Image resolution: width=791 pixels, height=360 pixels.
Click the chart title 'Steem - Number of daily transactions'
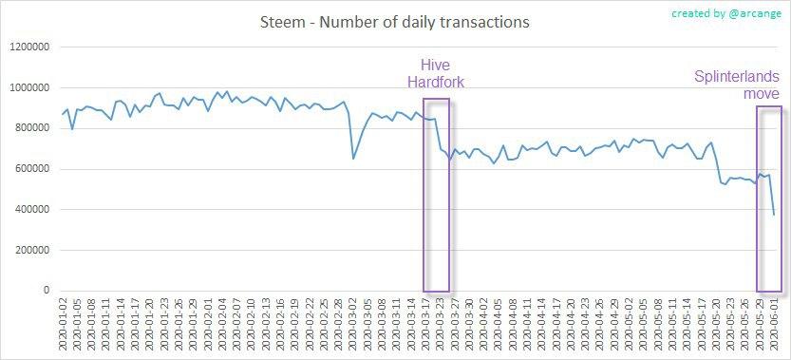point(395,20)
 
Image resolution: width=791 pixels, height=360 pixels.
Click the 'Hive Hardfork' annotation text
point(436,74)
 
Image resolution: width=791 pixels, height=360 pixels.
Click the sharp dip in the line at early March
point(353,158)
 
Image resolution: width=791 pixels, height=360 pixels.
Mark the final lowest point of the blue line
point(774,215)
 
